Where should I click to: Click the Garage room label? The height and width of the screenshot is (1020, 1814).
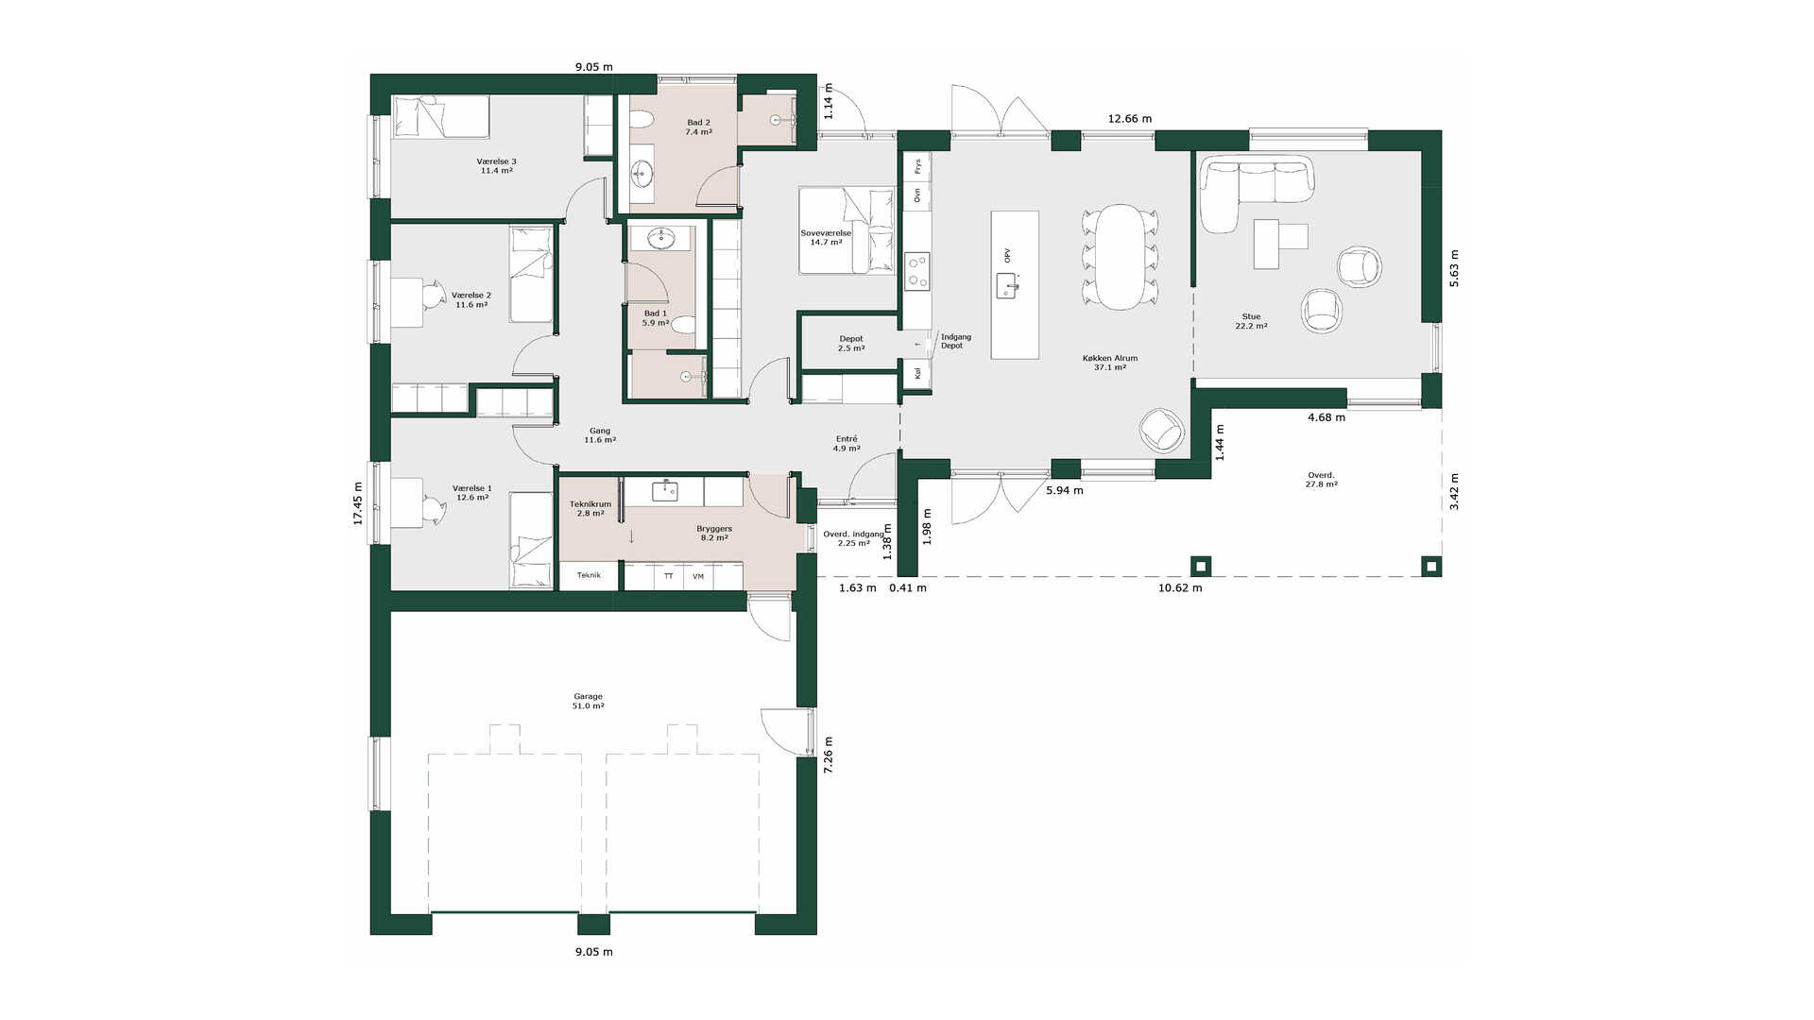coord(588,701)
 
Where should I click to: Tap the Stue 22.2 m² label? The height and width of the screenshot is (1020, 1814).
coord(1251,321)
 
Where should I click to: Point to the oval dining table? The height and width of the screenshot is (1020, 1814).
coord(1120,257)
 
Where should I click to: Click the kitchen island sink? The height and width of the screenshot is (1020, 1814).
coord(1007,284)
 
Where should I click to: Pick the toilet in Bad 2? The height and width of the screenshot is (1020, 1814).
coord(642,119)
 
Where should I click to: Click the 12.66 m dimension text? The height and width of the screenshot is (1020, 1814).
coord(1130,119)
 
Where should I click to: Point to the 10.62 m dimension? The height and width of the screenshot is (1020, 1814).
coord(1180,587)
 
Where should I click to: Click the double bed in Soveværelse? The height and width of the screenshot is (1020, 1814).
coord(847,230)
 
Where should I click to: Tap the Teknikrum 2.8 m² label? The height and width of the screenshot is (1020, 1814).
coord(590,508)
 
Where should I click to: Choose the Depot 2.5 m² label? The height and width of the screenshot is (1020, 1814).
coord(851,343)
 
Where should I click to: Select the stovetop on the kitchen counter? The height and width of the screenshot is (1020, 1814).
coord(916,271)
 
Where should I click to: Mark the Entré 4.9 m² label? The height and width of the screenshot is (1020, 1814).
coord(847,443)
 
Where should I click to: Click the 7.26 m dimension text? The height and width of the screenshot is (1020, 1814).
coord(829,756)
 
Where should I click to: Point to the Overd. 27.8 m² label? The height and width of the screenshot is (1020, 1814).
coord(1321,480)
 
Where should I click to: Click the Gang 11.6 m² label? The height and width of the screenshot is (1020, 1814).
coord(600,434)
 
